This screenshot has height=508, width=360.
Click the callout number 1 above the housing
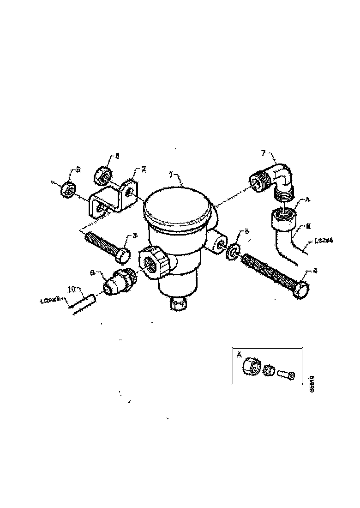pyautogui.click(x=170, y=175)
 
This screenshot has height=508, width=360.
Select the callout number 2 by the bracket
pyautogui.click(x=144, y=169)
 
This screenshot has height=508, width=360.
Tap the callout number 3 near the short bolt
pyautogui.click(x=135, y=236)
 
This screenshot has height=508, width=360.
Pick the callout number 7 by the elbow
pyautogui.click(x=264, y=152)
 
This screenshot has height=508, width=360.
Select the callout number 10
pyautogui.click(x=72, y=290)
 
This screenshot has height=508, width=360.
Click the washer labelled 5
pyautogui.click(x=234, y=250)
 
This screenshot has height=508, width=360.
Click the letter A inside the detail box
pyautogui.click(x=239, y=355)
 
